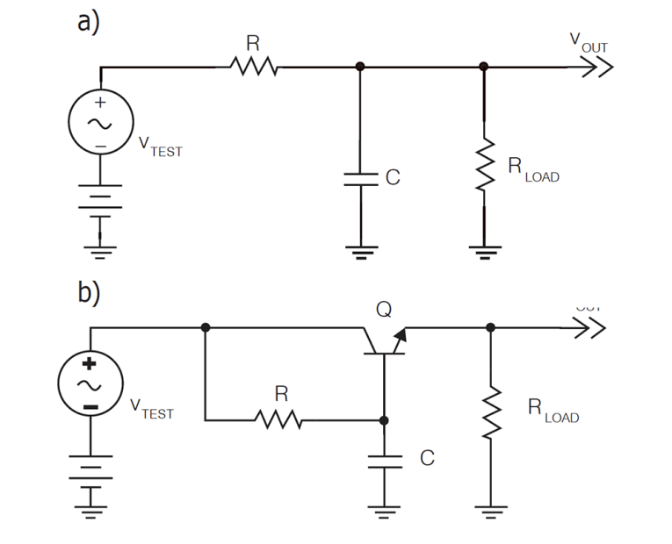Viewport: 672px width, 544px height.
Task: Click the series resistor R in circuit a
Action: click(254, 66)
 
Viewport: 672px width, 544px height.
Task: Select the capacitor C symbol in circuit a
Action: click(359, 178)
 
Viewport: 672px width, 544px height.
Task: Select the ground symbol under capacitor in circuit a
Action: click(359, 251)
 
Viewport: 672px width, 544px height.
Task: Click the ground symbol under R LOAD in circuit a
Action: click(483, 251)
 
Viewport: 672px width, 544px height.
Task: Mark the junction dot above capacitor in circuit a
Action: click(359, 66)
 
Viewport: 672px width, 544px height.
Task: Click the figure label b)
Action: click(89, 292)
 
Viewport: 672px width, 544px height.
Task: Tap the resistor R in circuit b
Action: click(280, 420)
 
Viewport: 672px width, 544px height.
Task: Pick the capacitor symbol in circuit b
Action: click(384, 462)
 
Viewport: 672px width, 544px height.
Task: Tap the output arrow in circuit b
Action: click(591, 327)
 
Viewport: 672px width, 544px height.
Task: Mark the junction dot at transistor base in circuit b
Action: click(384, 420)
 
